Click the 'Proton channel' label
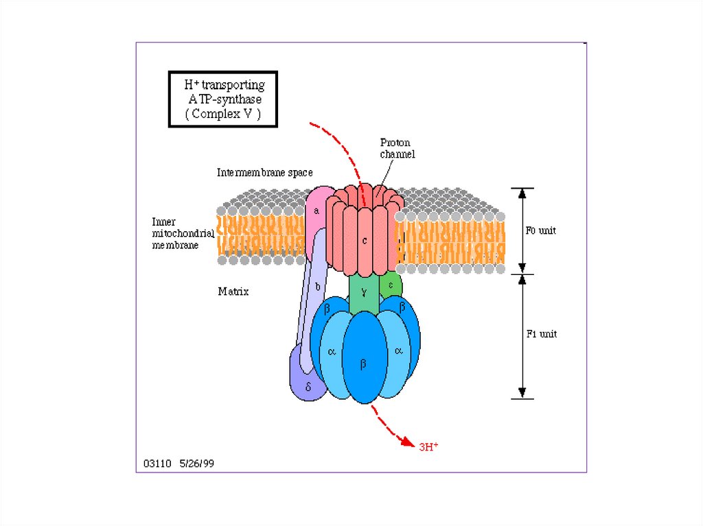[x=397, y=148]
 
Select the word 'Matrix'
[x=233, y=291]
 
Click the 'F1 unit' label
[x=541, y=334]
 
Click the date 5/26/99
[x=197, y=464]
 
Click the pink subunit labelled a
[x=316, y=211]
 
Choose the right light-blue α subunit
[x=398, y=351]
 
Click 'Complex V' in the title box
[x=223, y=114]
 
